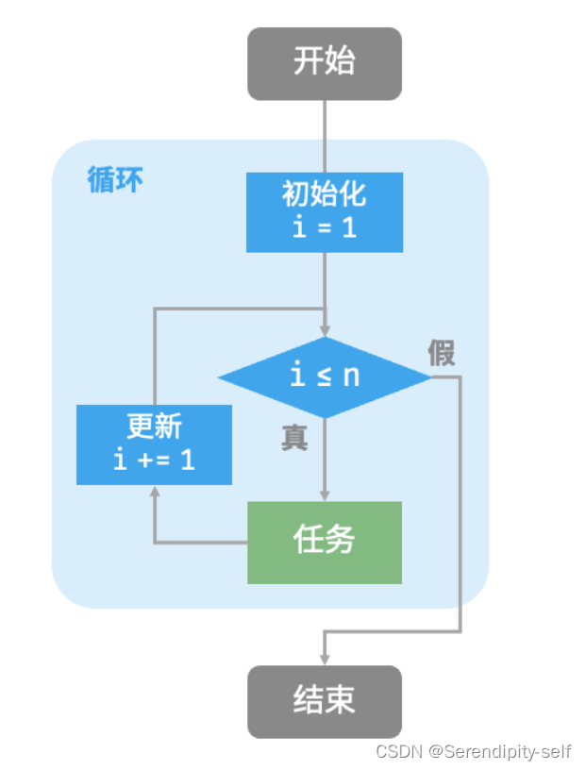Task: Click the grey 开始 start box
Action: click(x=324, y=63)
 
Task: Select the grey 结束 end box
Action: click(x=324, y=701)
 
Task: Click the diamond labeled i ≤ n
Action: click(x=324, y=377)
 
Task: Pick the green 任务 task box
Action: click(x=324, y=542)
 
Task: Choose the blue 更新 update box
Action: click(x=154, y=444)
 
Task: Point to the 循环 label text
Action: click(x=115, y=179)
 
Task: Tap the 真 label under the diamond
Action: click(x=294, y=438)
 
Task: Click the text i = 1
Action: click(x=324, y=227)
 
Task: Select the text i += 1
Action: click(x=154, y=460)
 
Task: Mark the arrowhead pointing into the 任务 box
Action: click(x=324, y=495)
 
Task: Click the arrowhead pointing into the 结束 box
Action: click(x=326, y=659)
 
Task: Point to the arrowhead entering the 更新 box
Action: click(x=154, y=492)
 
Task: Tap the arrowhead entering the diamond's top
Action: click(x=324, y=331)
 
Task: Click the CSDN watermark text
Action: click(x=398, y=752)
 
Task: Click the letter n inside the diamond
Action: click(x=350, y=376)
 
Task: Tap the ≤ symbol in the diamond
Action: click(x=324, y=377)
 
